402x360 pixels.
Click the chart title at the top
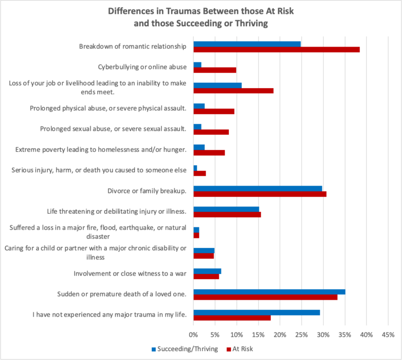200,16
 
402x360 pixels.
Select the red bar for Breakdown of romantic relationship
276,50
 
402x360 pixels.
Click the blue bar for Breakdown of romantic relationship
247,44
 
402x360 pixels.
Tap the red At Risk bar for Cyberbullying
215,70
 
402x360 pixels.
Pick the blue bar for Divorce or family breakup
258,189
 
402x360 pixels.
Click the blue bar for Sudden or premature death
269,292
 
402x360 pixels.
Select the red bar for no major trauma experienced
232,318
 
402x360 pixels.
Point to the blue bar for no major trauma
256,312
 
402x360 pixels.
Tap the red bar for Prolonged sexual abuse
211,132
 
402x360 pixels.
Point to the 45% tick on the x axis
388,334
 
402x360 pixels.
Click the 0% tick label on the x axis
193,334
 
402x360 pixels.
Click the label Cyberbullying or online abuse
142,67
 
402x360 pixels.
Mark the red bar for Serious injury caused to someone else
199,173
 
